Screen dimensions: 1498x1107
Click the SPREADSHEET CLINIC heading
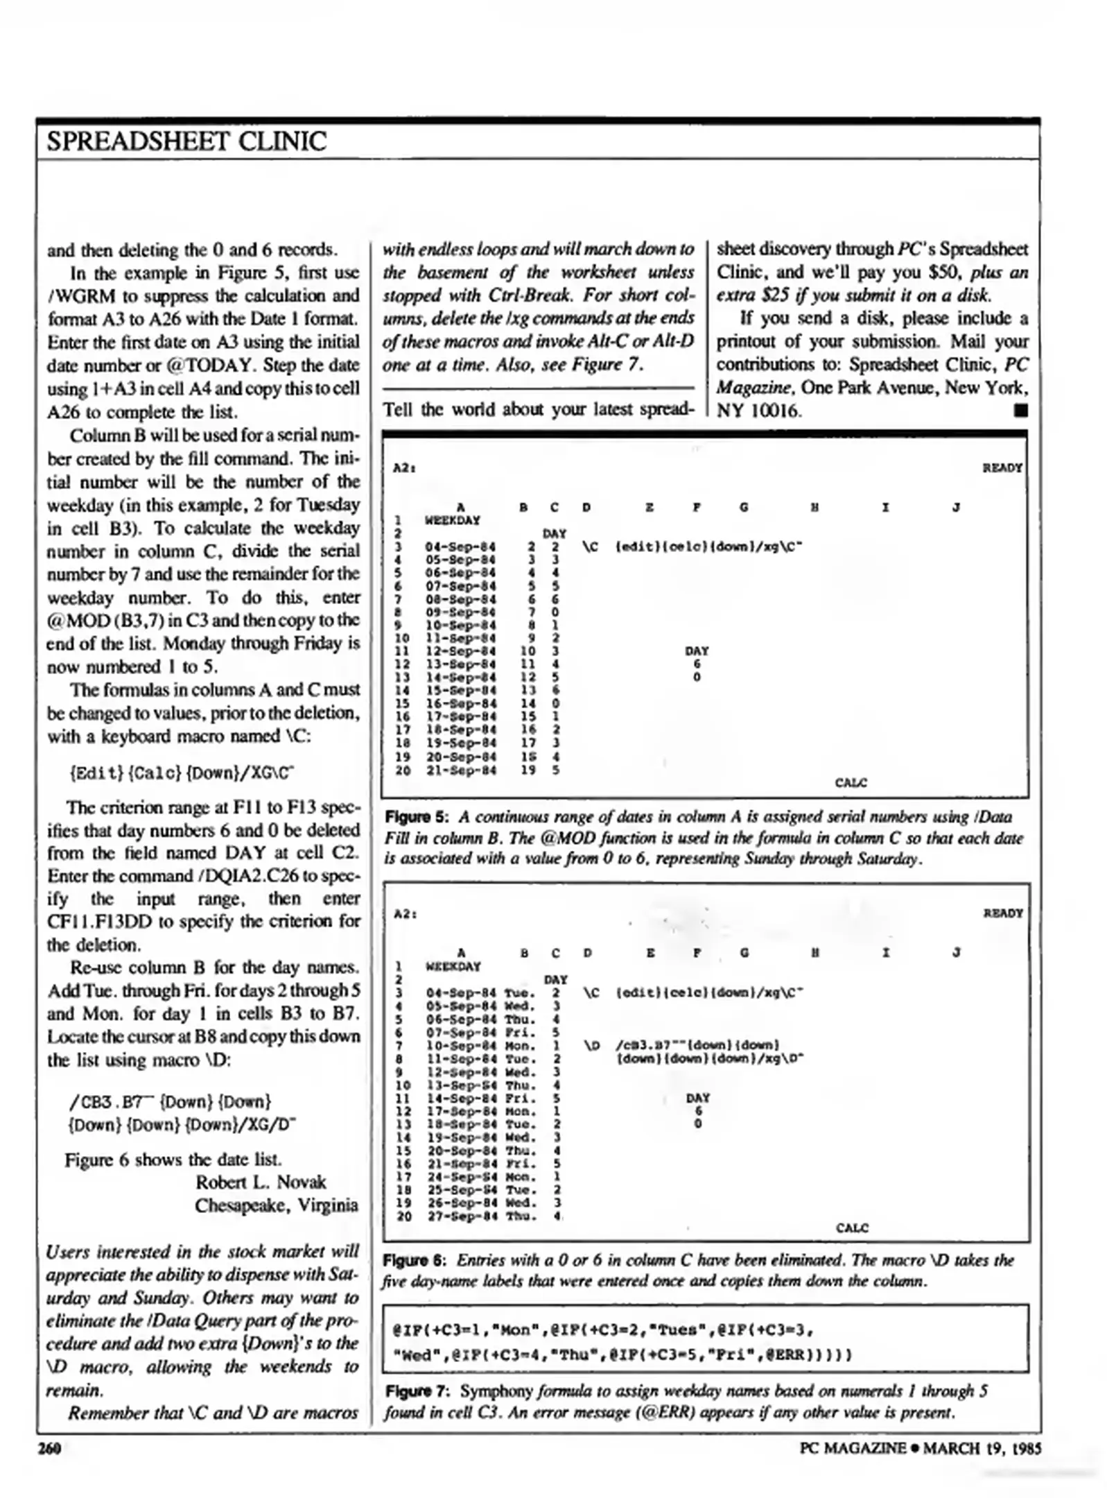(x=186, y=141)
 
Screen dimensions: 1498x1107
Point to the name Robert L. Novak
(x=260, y=1182)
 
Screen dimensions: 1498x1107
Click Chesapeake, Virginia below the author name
(x=276, y=1205)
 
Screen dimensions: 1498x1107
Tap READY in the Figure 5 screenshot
(x=1002, y=467)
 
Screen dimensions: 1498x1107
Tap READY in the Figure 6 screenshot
(x=1002, y=913)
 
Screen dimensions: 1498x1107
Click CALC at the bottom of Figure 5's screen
(x=851, y=782)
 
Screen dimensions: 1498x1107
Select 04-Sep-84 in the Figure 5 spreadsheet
(x=460, y=546)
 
